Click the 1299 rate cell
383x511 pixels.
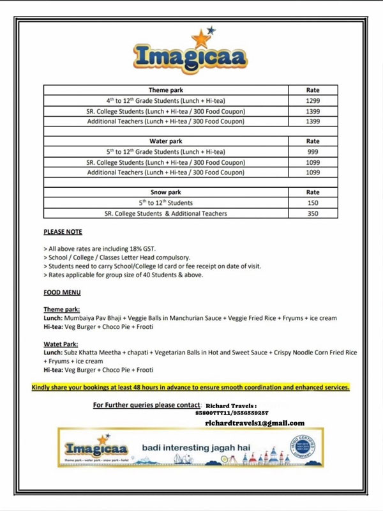[x=313, y=101]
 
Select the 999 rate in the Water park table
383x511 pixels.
[x=313, y=152]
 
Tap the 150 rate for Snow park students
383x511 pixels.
[x=313, y=203]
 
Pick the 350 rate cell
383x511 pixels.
[x=313, y=213]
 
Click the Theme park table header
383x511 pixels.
[x=166, y=90]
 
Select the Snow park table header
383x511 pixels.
[x=166, y=192]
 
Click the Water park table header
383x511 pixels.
[x=166, y=141]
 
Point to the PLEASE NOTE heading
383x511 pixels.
[x=63, y=232]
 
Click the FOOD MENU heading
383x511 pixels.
[x=62, y=293]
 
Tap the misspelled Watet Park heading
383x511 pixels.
[x=61, y=344]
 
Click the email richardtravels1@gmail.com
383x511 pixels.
[x=255, y=423]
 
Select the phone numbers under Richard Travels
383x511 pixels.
[x=232, y=413]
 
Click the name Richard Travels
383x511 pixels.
[x=231, y=406]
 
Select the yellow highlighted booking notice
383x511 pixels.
[x=190, y=387]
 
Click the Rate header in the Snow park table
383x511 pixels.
[x=313, y=192]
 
